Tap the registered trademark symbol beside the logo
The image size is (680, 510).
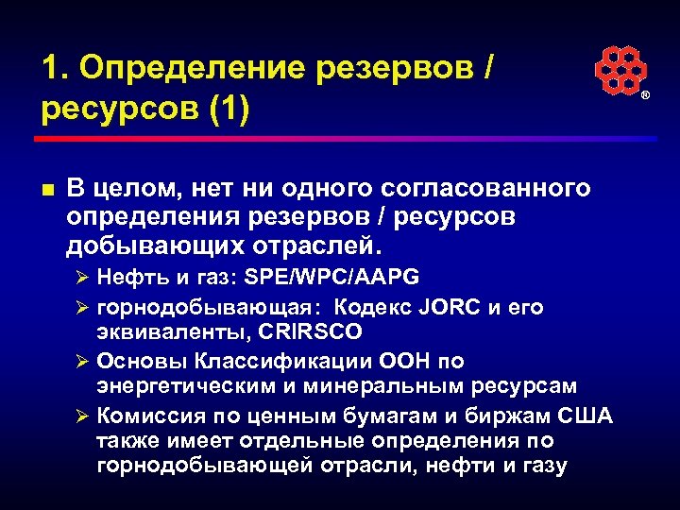click(x=646, y=97)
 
